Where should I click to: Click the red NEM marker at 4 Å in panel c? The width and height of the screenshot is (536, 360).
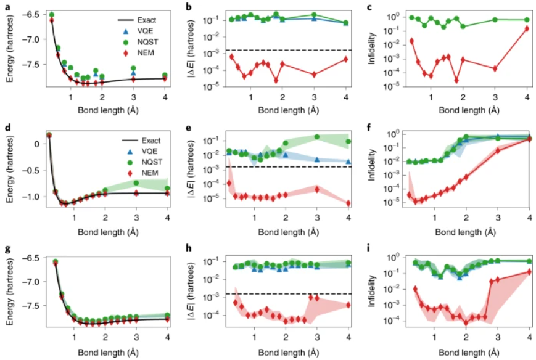point(527,28)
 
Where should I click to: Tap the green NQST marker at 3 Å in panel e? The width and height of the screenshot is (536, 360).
point(316,137)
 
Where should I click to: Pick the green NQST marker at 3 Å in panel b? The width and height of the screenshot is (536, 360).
point(314,15)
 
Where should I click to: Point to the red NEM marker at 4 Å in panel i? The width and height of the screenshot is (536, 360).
point(528,271)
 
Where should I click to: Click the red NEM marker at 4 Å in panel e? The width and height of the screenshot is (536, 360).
point(348,203)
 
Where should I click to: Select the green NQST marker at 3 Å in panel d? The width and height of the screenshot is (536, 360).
point(136,182)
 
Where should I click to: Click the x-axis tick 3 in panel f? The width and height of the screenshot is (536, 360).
point(497,216)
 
